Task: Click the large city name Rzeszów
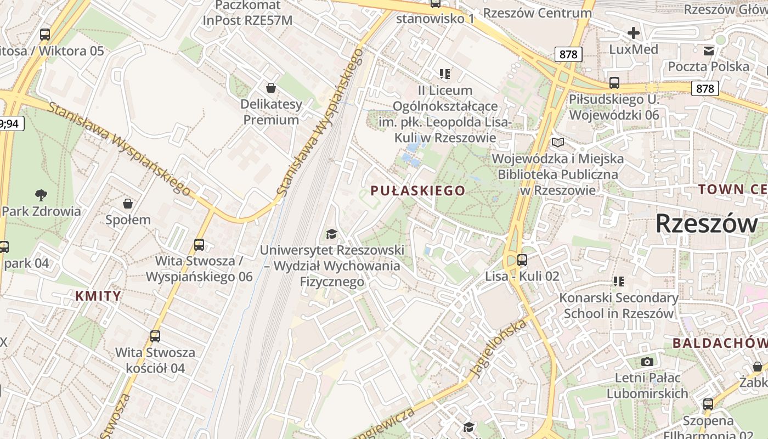[707, 223]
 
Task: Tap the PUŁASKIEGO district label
[418, 191]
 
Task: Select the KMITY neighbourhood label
[98, 296]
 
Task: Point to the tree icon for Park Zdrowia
[41, 194]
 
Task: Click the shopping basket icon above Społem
[128, 204]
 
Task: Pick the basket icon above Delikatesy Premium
[270, 87]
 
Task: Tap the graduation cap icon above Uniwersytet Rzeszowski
[331, 234]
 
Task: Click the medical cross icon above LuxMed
[634, 33]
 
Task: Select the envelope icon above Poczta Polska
[709, 50]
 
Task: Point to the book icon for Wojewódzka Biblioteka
[558, 143]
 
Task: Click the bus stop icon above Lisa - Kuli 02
[522, 260]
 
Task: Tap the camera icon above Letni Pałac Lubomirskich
[647, 362]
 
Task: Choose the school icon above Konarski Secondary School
[619, 282]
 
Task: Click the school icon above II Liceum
[444, 74]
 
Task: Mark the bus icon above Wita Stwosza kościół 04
[155, 336]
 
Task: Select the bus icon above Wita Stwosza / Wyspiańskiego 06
[199, 244]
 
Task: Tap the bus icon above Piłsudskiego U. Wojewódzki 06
[614, 83]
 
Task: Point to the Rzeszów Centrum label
[538, 13]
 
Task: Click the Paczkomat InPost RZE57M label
[248, 13]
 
